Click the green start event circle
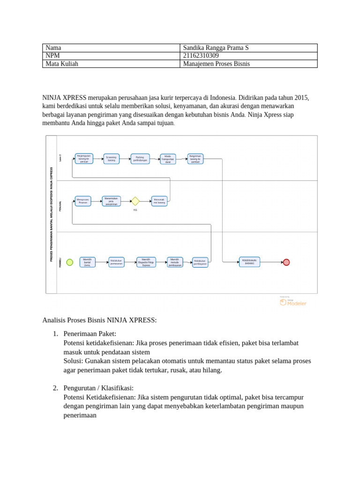tap(70, 262)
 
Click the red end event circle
tap(286, 262)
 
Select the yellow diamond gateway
tap(135, 201)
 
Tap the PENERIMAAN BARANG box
tap(249, 262)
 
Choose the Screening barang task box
tap(111, 158)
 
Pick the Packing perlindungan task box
tap(139, 158)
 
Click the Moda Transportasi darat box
tap(168, 158)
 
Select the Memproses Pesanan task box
tap(83, 201)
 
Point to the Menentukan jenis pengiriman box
tap(111, 201)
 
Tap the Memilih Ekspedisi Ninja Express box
tap(146, 262)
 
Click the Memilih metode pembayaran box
tap(175, 262)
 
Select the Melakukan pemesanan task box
tap(116, 262)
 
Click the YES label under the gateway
tap(135, 210)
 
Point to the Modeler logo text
tap(297, 303)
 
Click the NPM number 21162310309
tap(201, 56)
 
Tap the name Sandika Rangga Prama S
tap(216, 48)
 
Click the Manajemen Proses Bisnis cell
tap(217, 64)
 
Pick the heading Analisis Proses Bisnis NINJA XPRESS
tap(99, 320)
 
